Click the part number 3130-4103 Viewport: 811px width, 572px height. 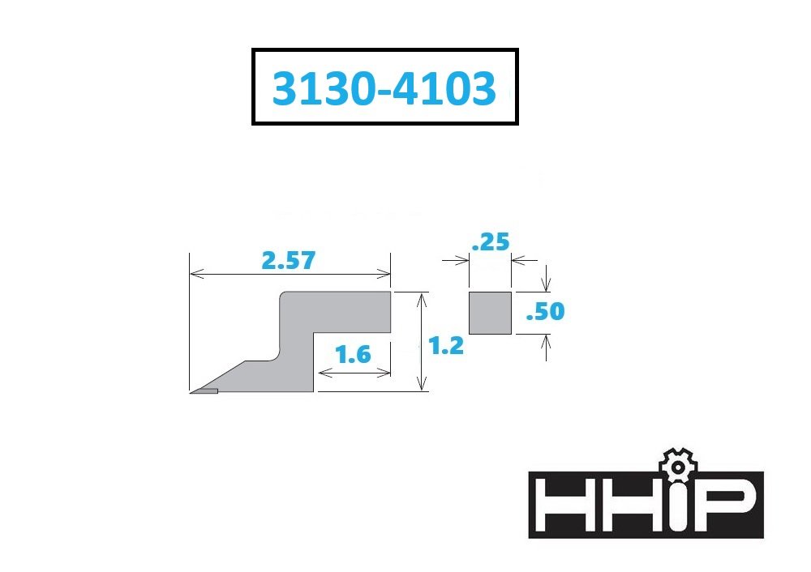(x=384, y=88)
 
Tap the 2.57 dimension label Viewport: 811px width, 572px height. (x=288, y=260)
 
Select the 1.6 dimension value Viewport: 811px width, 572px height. (x=353, y=355)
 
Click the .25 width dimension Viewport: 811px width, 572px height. (x=491, y=241)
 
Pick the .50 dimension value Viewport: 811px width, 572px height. (x=545, y=311)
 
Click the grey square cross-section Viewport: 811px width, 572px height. (x=491, y=313)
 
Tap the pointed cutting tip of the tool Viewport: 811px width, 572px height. (x=192, y=392)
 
